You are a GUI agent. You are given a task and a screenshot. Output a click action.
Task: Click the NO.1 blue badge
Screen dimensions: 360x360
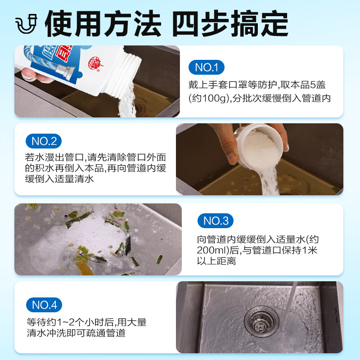pyautogui.click(x=206, y=68)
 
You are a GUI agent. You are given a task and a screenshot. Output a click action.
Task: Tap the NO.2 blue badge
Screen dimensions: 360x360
pyautogui.click(x=44, y=141)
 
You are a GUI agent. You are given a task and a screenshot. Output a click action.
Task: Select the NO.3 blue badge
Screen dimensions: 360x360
pyautogui.click(x=216, y=220)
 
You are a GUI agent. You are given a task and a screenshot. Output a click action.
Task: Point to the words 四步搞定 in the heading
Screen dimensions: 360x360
pyautogui.click(x=229, y=24)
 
